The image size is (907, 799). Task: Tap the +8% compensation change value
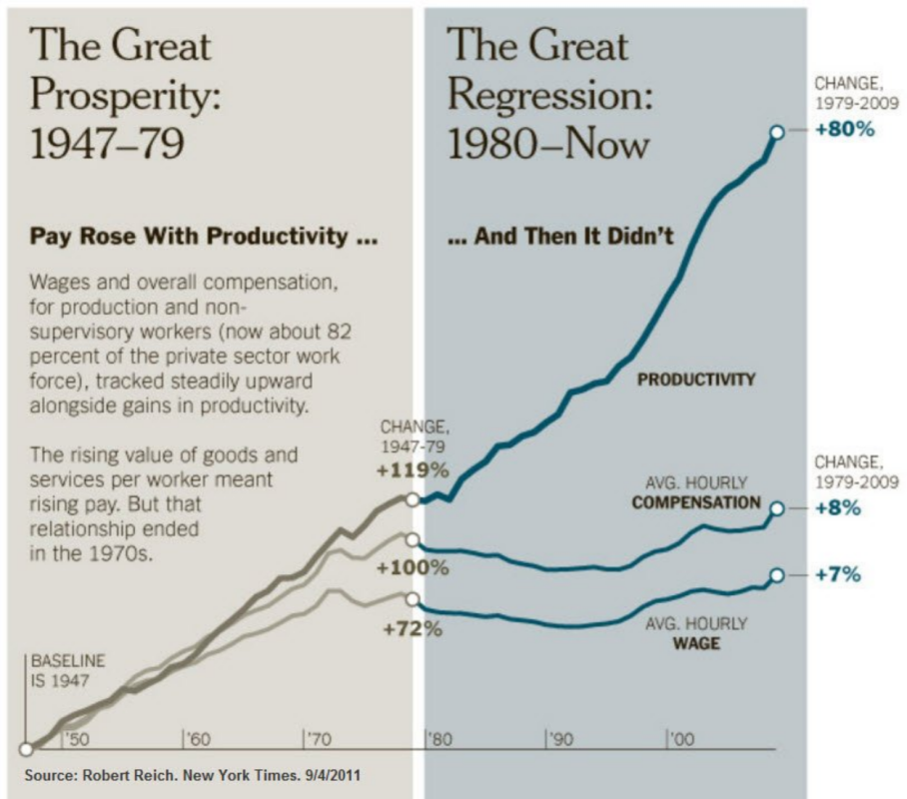tap(835, 507)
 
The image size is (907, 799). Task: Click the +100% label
tap(413, 568)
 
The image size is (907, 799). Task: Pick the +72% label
tap(412, 630)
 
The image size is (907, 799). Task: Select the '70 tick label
tap(320, 739)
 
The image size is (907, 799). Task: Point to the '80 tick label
tap(441, 739)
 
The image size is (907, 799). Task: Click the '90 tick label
tap(561, 739)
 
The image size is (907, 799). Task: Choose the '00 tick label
tap(682, 739)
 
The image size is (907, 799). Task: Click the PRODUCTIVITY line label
tap(696, 380)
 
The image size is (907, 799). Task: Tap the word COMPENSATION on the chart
tap(695, 502)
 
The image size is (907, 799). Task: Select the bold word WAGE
tap(697, 643)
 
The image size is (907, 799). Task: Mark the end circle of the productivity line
tap(775, 131)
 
